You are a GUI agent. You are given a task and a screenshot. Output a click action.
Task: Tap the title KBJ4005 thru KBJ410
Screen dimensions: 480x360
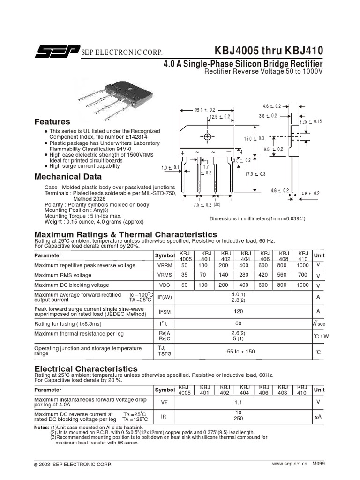point(269,51)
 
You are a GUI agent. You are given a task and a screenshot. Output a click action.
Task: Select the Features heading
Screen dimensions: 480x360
point(52,121)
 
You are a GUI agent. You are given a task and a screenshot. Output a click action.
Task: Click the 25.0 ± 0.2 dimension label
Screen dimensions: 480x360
point(205,110)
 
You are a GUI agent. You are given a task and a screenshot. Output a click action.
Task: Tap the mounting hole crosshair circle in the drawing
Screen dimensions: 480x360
point(207,136)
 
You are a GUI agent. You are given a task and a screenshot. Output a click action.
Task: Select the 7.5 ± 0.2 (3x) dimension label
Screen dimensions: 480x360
point(207,205)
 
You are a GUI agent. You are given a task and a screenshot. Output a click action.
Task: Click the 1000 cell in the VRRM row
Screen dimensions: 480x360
point(303,265)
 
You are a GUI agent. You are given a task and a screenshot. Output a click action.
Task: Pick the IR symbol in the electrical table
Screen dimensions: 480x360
point(164,416)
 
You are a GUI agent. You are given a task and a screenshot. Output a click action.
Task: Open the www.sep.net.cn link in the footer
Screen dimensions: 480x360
point(289,464)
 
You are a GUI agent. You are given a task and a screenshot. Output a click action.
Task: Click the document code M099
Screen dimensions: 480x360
point(319,464)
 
